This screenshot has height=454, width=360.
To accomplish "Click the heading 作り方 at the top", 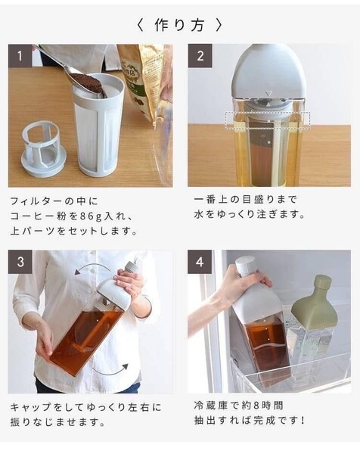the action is point(179,25).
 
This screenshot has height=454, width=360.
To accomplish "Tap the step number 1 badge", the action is point(20,55).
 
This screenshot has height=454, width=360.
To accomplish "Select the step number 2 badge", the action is point(200,55).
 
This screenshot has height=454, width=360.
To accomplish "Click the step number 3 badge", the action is point(20,262).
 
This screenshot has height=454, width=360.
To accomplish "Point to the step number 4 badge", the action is point(200,262).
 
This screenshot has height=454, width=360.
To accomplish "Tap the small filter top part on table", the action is point(45,148).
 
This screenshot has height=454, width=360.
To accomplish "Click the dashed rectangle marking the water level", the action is point(268,120).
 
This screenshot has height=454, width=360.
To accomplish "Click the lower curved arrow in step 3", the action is point(111,372).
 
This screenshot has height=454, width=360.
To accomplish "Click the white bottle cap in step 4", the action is point(245,265).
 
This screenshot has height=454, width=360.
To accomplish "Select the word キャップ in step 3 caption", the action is point(31,408).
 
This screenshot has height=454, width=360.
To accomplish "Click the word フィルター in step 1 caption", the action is point(36,201).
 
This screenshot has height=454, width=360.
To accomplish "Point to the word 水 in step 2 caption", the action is point(199,215).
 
